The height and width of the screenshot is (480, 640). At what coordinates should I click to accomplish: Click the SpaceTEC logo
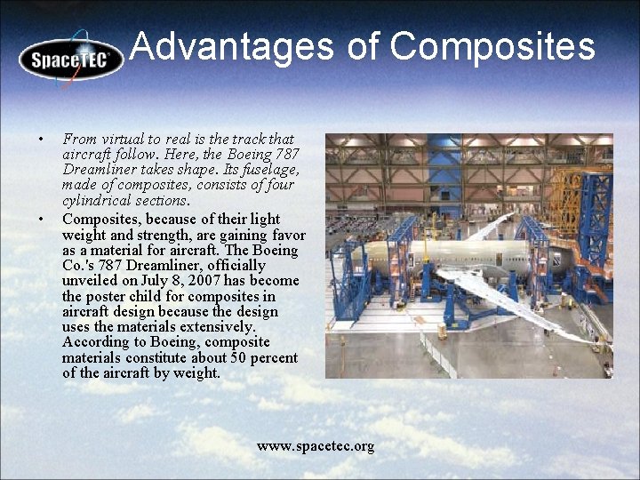tap(71, 59)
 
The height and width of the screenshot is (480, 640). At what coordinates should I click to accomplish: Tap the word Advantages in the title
tap(231, 46)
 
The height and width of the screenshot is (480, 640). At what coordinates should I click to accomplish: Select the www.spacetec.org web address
tap(316, 445)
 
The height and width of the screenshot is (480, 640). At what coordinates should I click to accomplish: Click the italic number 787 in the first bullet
tap(287, 155)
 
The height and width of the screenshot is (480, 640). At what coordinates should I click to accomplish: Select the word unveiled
tap(90, 281)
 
